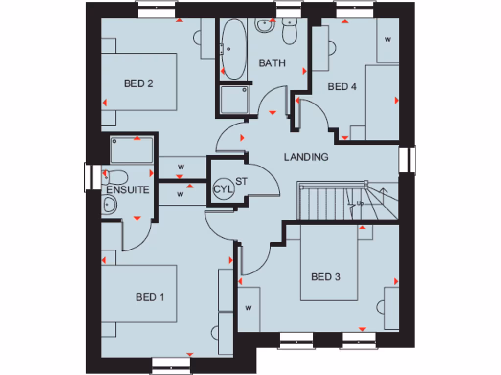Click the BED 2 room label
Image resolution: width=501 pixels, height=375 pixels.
coord(138,83)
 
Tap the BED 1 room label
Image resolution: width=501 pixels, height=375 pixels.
coord(150,297)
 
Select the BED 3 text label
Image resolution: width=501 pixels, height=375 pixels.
coord(325,277)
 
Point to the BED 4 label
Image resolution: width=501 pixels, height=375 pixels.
coord(342,87)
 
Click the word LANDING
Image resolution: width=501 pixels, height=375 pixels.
coord(306,157)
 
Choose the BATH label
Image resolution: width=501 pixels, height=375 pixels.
coord(272,63)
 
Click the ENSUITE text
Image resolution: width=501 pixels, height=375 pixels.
coord(128,190)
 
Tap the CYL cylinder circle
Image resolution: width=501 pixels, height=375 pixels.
coord(221,188)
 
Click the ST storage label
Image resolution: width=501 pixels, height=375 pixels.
coord(242,181)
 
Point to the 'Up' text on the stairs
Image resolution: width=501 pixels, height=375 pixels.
coord(361,203)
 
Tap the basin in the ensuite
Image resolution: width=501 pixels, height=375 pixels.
coord(109,205)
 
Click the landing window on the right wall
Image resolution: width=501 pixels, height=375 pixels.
coord(407,160)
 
